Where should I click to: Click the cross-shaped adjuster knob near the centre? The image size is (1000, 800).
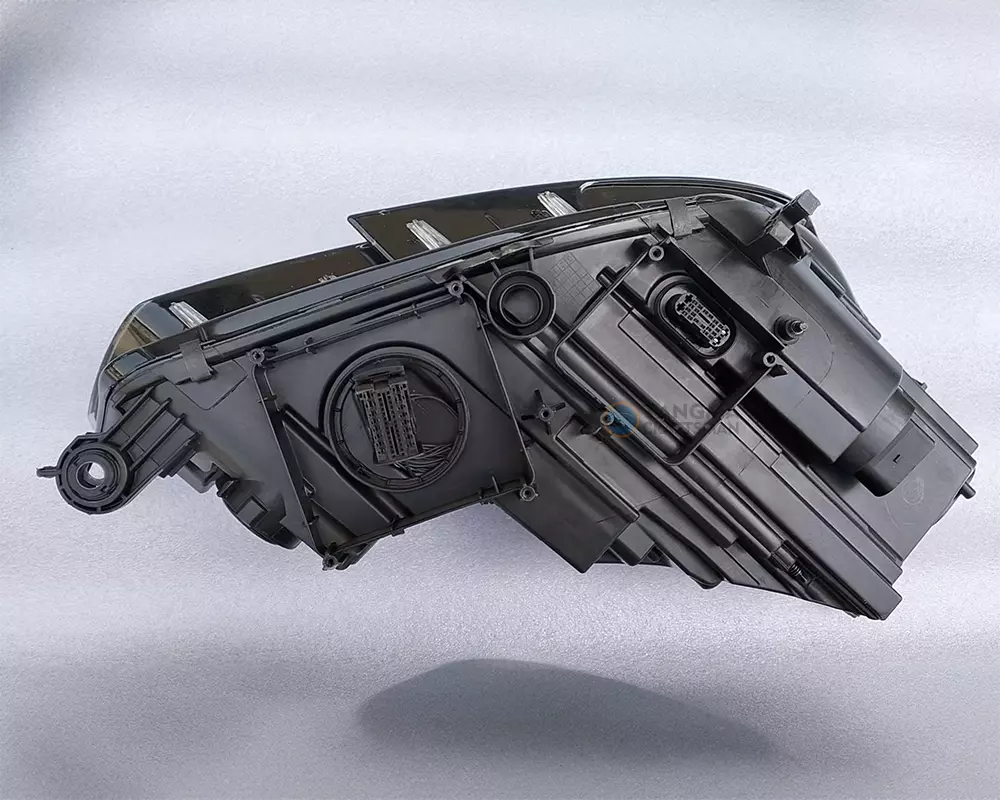pyautogui.click(x=545, y=411)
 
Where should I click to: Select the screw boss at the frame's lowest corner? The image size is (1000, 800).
pyautogui.click(x=330, y=561)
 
